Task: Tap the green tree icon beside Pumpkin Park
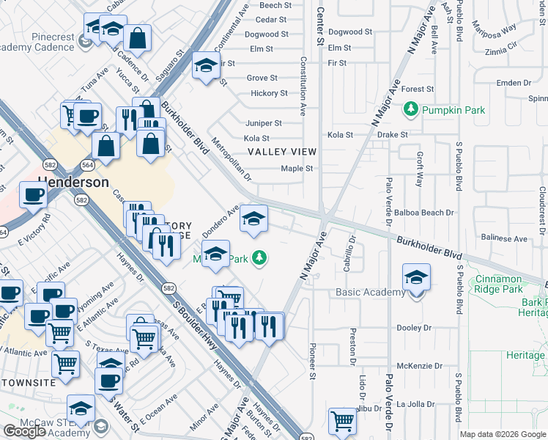[411, 110]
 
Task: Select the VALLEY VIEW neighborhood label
[282, 152]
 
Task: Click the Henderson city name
[74, 182]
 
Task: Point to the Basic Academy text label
[369, 293]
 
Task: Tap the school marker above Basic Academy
[416, 279]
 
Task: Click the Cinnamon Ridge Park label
[508, 285]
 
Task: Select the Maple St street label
[297, 169]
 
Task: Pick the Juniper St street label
[264, 123]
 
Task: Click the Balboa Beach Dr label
[425, 213]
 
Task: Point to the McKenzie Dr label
[421, 366]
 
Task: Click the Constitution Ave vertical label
[303, 88]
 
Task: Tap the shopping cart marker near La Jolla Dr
[341, 422]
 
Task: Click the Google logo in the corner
[25, 431]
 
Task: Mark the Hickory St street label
[269, 93]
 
